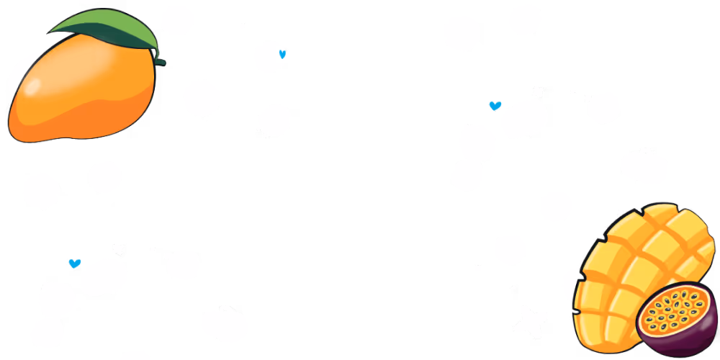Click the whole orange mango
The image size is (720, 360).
79,90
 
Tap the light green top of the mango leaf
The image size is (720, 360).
108,25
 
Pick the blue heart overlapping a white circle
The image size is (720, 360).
282,53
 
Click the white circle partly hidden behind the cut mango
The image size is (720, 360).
572,282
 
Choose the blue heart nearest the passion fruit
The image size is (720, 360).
495,106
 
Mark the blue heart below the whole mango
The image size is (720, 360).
74,264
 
